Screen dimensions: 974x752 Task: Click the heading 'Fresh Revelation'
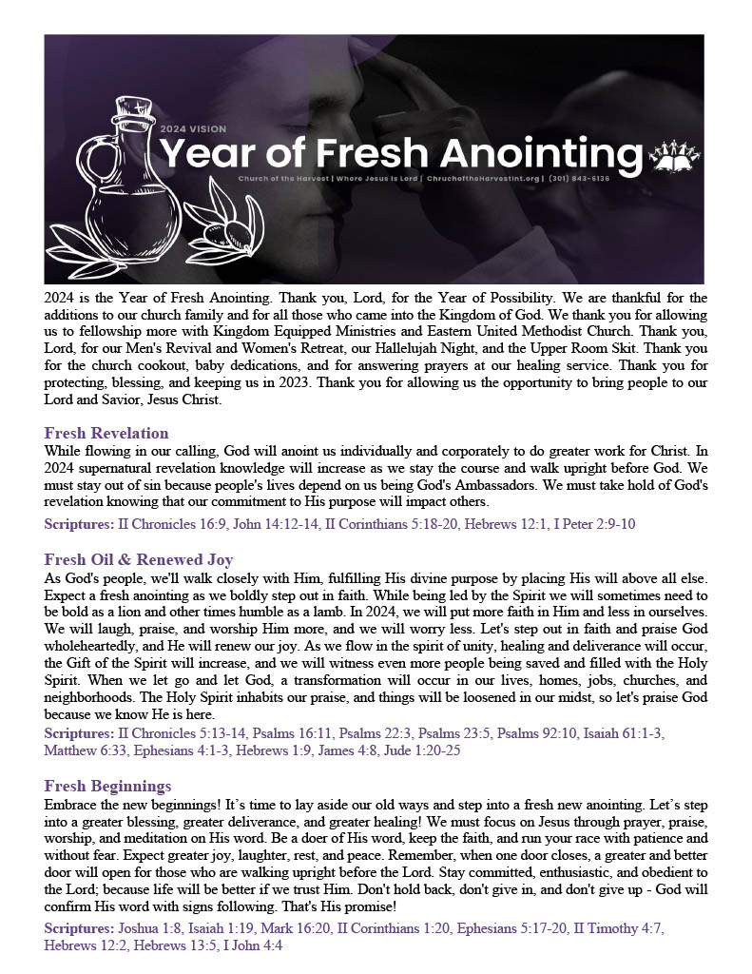pyautogui.click(x=106, y=433)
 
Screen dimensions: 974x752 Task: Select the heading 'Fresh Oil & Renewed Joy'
pyautogui.click(x=139, y=559)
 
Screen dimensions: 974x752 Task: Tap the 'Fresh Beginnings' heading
pyautogui.click(x=107, y=786)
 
